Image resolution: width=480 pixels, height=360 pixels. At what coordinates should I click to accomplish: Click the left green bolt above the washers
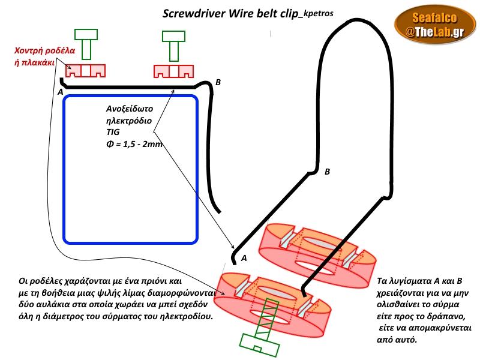86,43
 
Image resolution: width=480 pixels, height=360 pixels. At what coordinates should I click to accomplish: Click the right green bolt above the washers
174,44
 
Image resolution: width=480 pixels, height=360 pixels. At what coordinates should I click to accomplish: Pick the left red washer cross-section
85,71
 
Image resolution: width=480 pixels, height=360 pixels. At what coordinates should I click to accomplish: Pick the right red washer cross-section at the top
174,71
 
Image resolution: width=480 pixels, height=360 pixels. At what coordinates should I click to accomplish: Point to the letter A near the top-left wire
60,93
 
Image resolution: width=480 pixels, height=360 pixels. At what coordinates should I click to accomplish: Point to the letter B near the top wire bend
218,82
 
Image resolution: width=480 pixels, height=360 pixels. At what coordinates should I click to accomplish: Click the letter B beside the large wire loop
327,172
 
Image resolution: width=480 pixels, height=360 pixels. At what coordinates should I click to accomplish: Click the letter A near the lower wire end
244,258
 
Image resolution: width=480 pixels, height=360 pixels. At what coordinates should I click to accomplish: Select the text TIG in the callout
112,132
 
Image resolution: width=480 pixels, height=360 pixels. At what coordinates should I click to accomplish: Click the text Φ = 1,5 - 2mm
133,144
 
